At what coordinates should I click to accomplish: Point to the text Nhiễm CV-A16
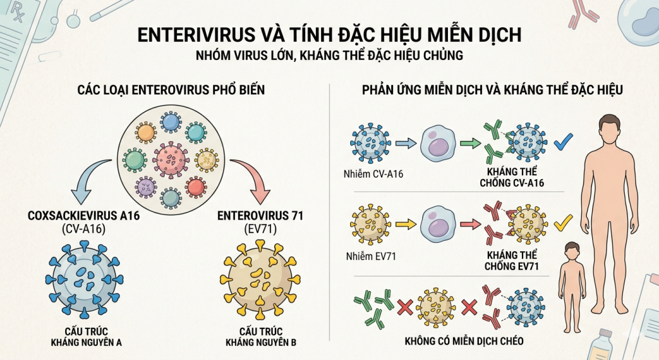point(372,172)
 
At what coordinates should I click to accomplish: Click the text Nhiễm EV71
point(369,257)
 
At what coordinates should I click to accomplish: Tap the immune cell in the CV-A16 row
point(440,144)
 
